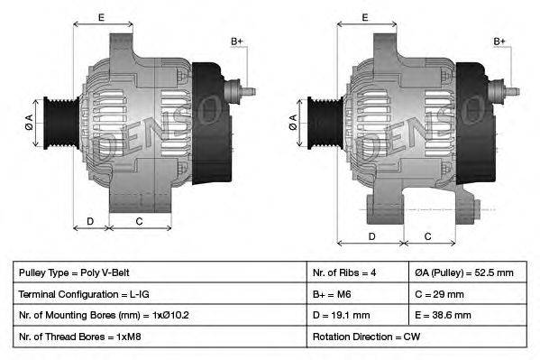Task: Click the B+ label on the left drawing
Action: point(237,42)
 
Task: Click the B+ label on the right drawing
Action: point(499,42)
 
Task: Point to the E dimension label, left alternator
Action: point(100,17)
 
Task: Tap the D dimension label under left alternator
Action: point(90,221)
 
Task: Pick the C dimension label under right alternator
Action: point(427,236)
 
